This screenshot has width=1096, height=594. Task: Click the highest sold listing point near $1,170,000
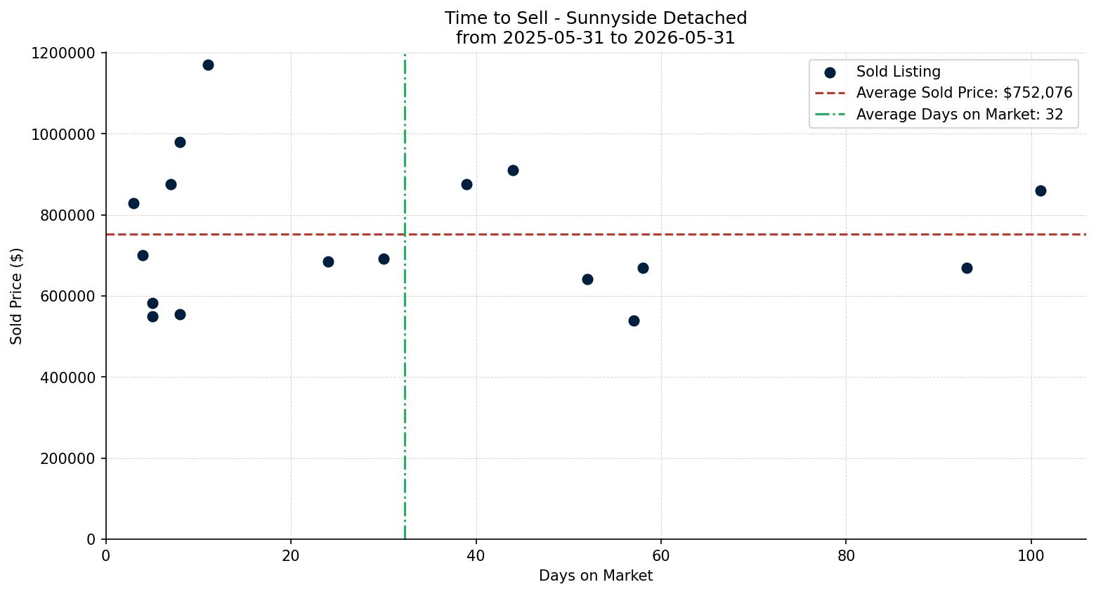pos(208,65)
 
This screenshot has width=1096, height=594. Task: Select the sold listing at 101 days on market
pos(1040,191)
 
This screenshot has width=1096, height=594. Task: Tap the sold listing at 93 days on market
pos(967,269)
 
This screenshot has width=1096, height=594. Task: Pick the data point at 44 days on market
pos(514,170)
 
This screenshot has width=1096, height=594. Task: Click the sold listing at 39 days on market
pos(467,185)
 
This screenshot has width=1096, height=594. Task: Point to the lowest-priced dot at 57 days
pos(634,321)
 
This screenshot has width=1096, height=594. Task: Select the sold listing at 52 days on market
pos(587,280)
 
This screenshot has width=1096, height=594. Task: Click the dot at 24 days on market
pos(328,262)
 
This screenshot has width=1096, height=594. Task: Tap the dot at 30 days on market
pos(384,259)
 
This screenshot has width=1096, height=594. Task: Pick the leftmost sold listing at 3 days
pos(133,204)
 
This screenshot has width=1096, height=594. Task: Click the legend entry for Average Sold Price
pos(944,93)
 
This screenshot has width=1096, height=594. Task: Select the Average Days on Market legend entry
pos(939,115)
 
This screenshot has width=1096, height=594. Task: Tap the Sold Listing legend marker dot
pos(830,72)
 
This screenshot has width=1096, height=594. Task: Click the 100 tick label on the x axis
pos(1031,556)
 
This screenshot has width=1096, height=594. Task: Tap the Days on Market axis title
pos(596,576)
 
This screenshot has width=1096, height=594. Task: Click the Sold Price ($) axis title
pos(16,296)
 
